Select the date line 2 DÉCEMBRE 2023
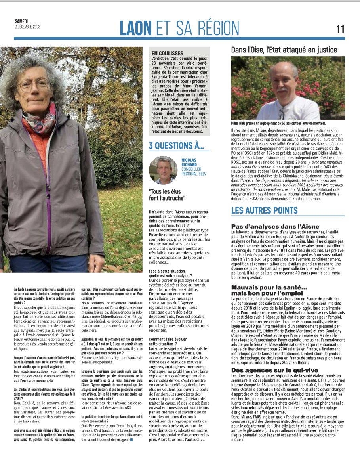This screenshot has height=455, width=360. click(27, 27)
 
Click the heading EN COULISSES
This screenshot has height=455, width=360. click(167, 53)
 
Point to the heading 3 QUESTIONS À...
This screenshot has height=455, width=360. click(176, 145)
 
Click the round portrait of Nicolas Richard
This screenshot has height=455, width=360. click(163, 170)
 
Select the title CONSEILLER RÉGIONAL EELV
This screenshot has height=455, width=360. click(194, 171)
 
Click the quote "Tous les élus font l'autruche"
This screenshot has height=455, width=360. click(167, 195)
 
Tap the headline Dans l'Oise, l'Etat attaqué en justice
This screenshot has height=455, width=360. click(284, 50)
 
